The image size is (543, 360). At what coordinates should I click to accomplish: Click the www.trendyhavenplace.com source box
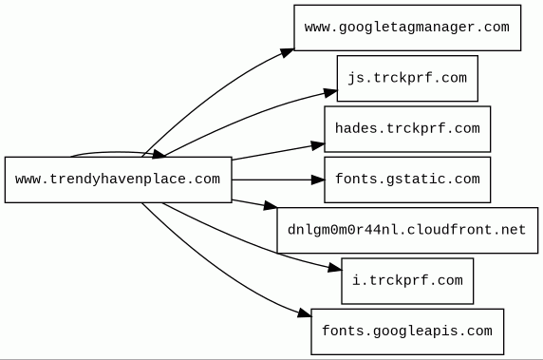[x=118, y=180]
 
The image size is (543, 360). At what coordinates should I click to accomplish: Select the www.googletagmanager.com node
[x=407, y=28]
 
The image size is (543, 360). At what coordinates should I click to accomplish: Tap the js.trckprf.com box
[x=407, y=78]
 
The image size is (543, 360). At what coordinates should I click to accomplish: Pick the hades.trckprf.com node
[x=407, y=129]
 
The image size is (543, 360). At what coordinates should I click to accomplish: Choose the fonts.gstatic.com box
[x=407, y=180]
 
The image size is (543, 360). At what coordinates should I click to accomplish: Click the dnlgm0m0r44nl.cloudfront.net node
[x=407, y=231]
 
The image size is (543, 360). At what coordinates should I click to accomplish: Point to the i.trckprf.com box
[x=407, y=281]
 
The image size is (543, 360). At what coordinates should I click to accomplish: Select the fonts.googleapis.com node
[x=407, y=332]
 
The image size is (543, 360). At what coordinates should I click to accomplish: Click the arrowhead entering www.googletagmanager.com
[x=287, y=53]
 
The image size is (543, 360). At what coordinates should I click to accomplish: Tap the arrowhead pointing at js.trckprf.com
[x=330, y=93]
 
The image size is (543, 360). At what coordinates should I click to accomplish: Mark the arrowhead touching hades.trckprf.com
[x=318, y=145]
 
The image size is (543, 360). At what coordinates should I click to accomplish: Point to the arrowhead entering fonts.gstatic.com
[x=318, y=180]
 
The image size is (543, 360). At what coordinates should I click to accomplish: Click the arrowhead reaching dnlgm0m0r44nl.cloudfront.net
[x=271, y=206]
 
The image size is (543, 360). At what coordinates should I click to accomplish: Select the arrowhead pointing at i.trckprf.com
[x=335, y=268]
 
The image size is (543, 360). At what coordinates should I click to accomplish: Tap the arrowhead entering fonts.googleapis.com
[x=305, y=313]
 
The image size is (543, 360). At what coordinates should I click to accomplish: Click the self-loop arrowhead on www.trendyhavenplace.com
[x=159, y=154]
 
